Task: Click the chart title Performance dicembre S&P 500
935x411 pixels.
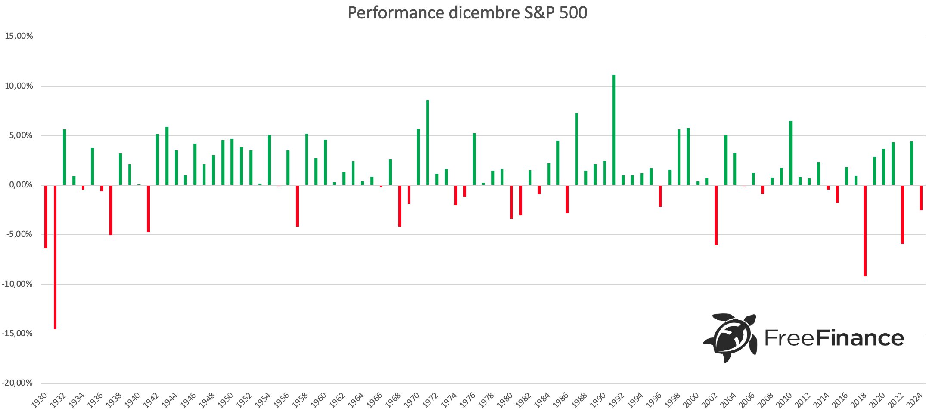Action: [x=467, y=13]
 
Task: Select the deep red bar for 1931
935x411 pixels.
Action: [x=55, y=257]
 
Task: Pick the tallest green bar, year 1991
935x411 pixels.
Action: [x=613, y=130]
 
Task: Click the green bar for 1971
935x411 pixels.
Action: [x=427, y=143]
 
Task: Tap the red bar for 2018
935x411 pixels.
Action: [x=865, y=230]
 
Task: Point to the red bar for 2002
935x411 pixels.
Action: [x=716, y=215]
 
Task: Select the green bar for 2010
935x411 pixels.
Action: [x=790, y=153]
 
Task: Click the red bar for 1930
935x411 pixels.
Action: [x=46, y=217]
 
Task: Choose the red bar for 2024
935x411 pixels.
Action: [x=921, y=198]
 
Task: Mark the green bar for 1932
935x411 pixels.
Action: [x=65, y=157]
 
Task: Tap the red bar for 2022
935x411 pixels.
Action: [x=902, y=214]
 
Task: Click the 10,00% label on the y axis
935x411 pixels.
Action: [x=19, y=86]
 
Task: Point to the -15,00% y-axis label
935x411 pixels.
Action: [x=17, y=334]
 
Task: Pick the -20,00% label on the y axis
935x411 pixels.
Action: [x=17, y=383]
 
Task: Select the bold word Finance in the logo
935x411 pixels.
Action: [x=860, y=338]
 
